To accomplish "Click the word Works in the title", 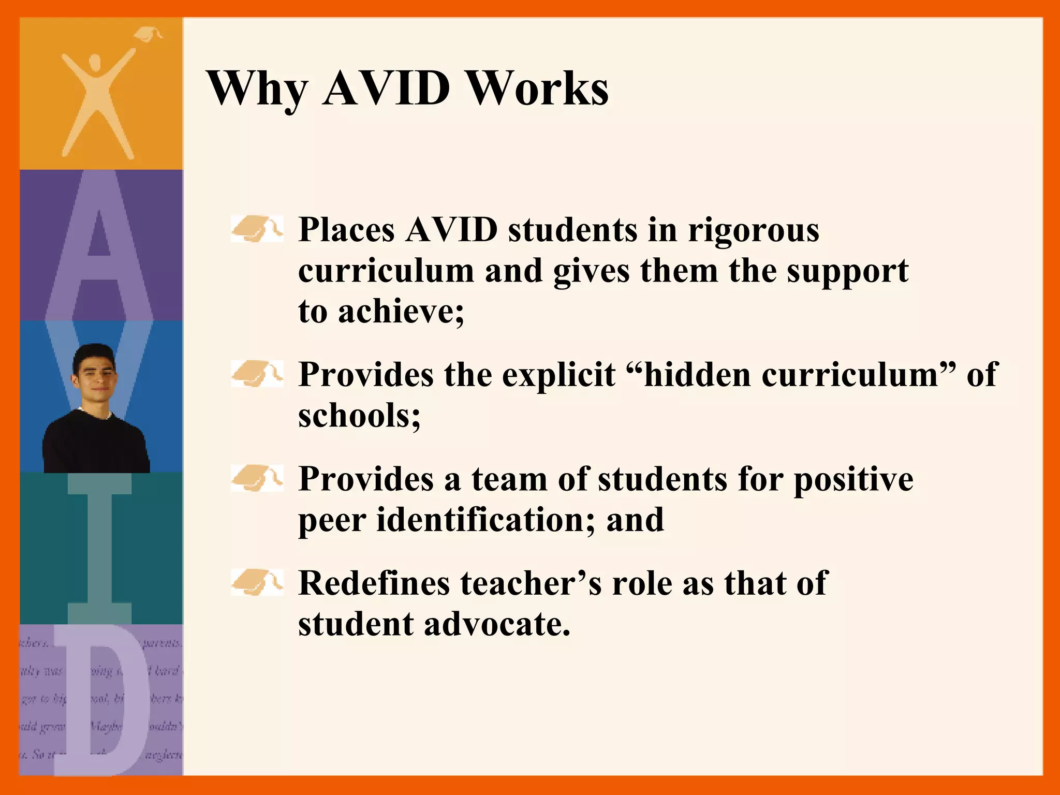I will pos(538,88).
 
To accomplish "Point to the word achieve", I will pos(401,312).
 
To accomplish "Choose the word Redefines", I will pos(374,583).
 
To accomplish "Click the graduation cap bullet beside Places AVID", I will pos(257,229).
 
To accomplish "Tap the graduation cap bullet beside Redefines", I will pos(257,583).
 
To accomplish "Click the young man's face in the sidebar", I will pos(95,370).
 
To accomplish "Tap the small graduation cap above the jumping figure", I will pos(148,35).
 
